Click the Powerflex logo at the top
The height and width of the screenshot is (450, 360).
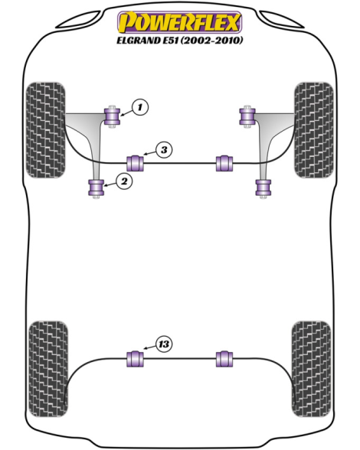pos(179,21)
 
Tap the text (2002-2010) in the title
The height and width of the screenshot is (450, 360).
pos(211,40)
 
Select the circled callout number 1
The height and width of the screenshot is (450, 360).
pos(140,107)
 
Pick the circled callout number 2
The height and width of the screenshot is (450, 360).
pos(124,181)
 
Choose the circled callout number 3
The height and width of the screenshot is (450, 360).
pos(164,150)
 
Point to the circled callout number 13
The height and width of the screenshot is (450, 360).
pos(164,344)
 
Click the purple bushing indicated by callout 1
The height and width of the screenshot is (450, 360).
pos(112,116)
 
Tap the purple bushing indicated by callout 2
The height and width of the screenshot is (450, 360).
pos(97,187)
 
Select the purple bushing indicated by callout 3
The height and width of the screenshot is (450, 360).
pos(135,163)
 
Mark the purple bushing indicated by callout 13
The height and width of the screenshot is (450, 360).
pos(135,359)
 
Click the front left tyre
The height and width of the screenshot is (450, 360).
pos(45,130)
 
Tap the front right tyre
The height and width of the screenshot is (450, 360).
pos(314,130)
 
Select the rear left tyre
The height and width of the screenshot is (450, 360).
pos(48,370)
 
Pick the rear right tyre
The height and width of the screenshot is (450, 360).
pos(311,370)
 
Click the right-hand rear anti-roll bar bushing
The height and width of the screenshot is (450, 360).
pos(224,359)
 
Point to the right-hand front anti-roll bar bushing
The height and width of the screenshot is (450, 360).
pos(224,163)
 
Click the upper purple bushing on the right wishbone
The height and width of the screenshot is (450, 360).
pos(247,116)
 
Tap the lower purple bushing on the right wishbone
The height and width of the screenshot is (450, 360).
pos(263,187)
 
